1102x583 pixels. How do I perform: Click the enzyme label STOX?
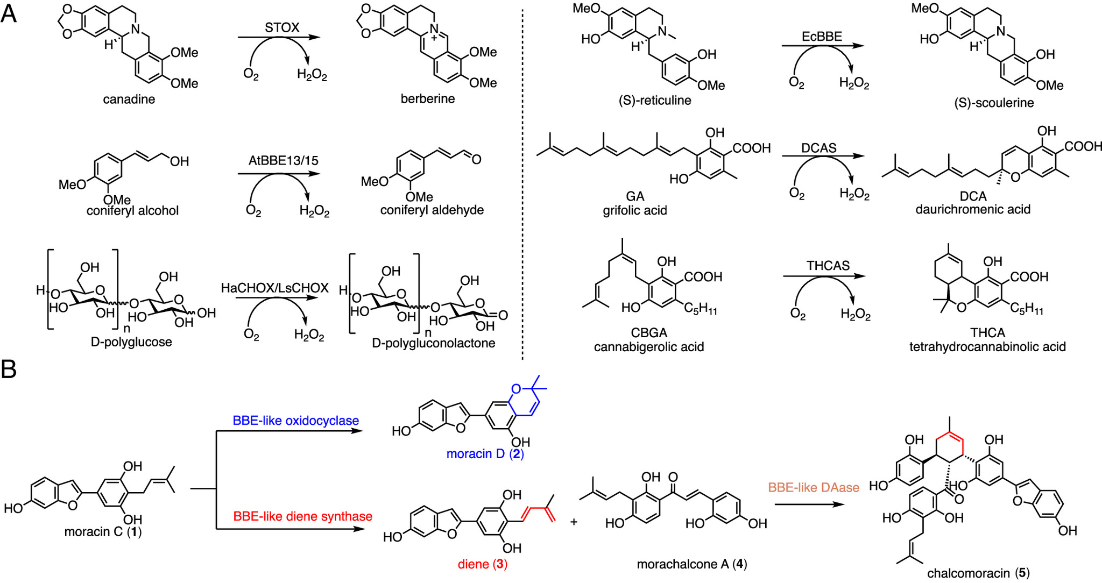tap(282, 27)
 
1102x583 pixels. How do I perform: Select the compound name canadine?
tap(129, 99)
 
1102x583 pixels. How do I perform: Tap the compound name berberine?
tap(428, 98)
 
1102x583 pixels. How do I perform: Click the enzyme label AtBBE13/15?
tap(283, 161)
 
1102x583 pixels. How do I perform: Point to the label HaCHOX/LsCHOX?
tap(275, 288)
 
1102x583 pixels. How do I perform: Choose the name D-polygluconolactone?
tap(434, 343)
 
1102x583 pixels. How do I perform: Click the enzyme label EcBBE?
tap(822, 37)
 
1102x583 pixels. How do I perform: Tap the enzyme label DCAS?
tap(819, 148)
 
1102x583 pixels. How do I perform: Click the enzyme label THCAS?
tap(828, 266)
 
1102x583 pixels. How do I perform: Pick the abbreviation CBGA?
tap(649, 333)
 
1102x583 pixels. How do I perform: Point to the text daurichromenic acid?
tap(973, 209)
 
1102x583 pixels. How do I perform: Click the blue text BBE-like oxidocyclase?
tap(296, 421)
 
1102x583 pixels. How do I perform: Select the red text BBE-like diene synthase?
tap(303, 516)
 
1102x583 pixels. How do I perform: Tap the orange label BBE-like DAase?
tap(814, 488)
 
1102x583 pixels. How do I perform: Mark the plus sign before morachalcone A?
tap(574, 522)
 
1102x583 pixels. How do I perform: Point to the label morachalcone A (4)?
tap(692, 564)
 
